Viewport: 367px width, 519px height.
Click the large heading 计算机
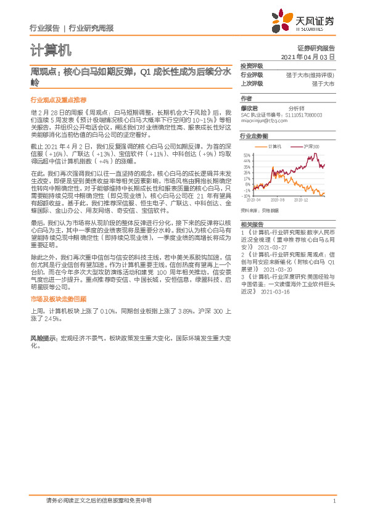[51, 49]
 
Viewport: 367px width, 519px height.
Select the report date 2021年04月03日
[308, 56]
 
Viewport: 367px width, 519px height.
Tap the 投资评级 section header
[252, 66]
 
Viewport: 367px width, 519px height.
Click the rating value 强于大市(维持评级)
[310, 75]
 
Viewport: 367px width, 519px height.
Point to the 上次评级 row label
[252, 83]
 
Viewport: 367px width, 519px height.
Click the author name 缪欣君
[249, 107]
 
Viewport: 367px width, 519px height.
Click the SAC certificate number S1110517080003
[304, 114]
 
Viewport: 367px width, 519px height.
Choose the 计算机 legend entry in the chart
[274, 147]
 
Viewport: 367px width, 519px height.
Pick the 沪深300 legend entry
[310, 147]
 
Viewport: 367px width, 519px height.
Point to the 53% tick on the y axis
[247, 155]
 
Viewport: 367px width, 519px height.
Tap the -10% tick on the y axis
[246, 196]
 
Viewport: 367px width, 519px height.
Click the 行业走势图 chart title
[254, 136]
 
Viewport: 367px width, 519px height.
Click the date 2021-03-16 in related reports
[274, 293]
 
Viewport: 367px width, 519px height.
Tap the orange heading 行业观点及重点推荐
[59, 99]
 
